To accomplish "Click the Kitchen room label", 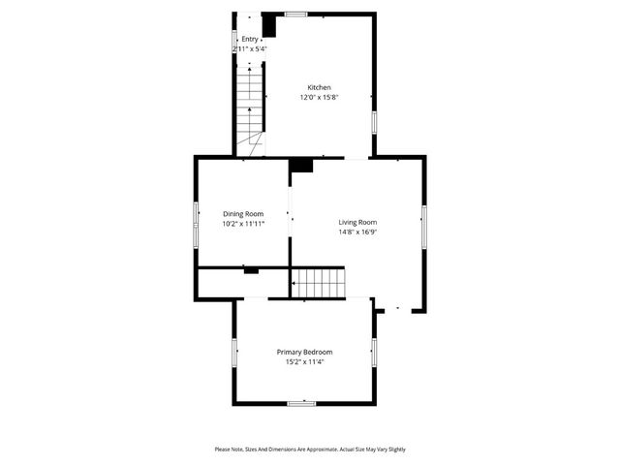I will coord(320,87).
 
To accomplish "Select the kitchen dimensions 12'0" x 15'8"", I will coord(320,97).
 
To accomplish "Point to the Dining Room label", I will coord(243,214).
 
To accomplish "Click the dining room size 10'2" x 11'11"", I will coord(243,224).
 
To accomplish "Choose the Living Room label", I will coord(357,222).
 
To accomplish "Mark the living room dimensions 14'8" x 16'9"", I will coord(357,232).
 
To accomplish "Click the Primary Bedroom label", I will coord(304,352).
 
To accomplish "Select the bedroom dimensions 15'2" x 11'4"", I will coord(304,361).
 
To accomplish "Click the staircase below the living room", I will coord(320,283).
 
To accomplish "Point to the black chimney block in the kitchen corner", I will coord(269,24).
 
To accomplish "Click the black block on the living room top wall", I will coord(301,165).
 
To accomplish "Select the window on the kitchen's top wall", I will coord(295,14).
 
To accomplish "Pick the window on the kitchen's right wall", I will coord(375,122).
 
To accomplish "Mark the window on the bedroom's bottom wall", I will coord(301,403).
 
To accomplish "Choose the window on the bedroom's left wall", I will coord(233,352).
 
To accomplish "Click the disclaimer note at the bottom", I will coord(310,449).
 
